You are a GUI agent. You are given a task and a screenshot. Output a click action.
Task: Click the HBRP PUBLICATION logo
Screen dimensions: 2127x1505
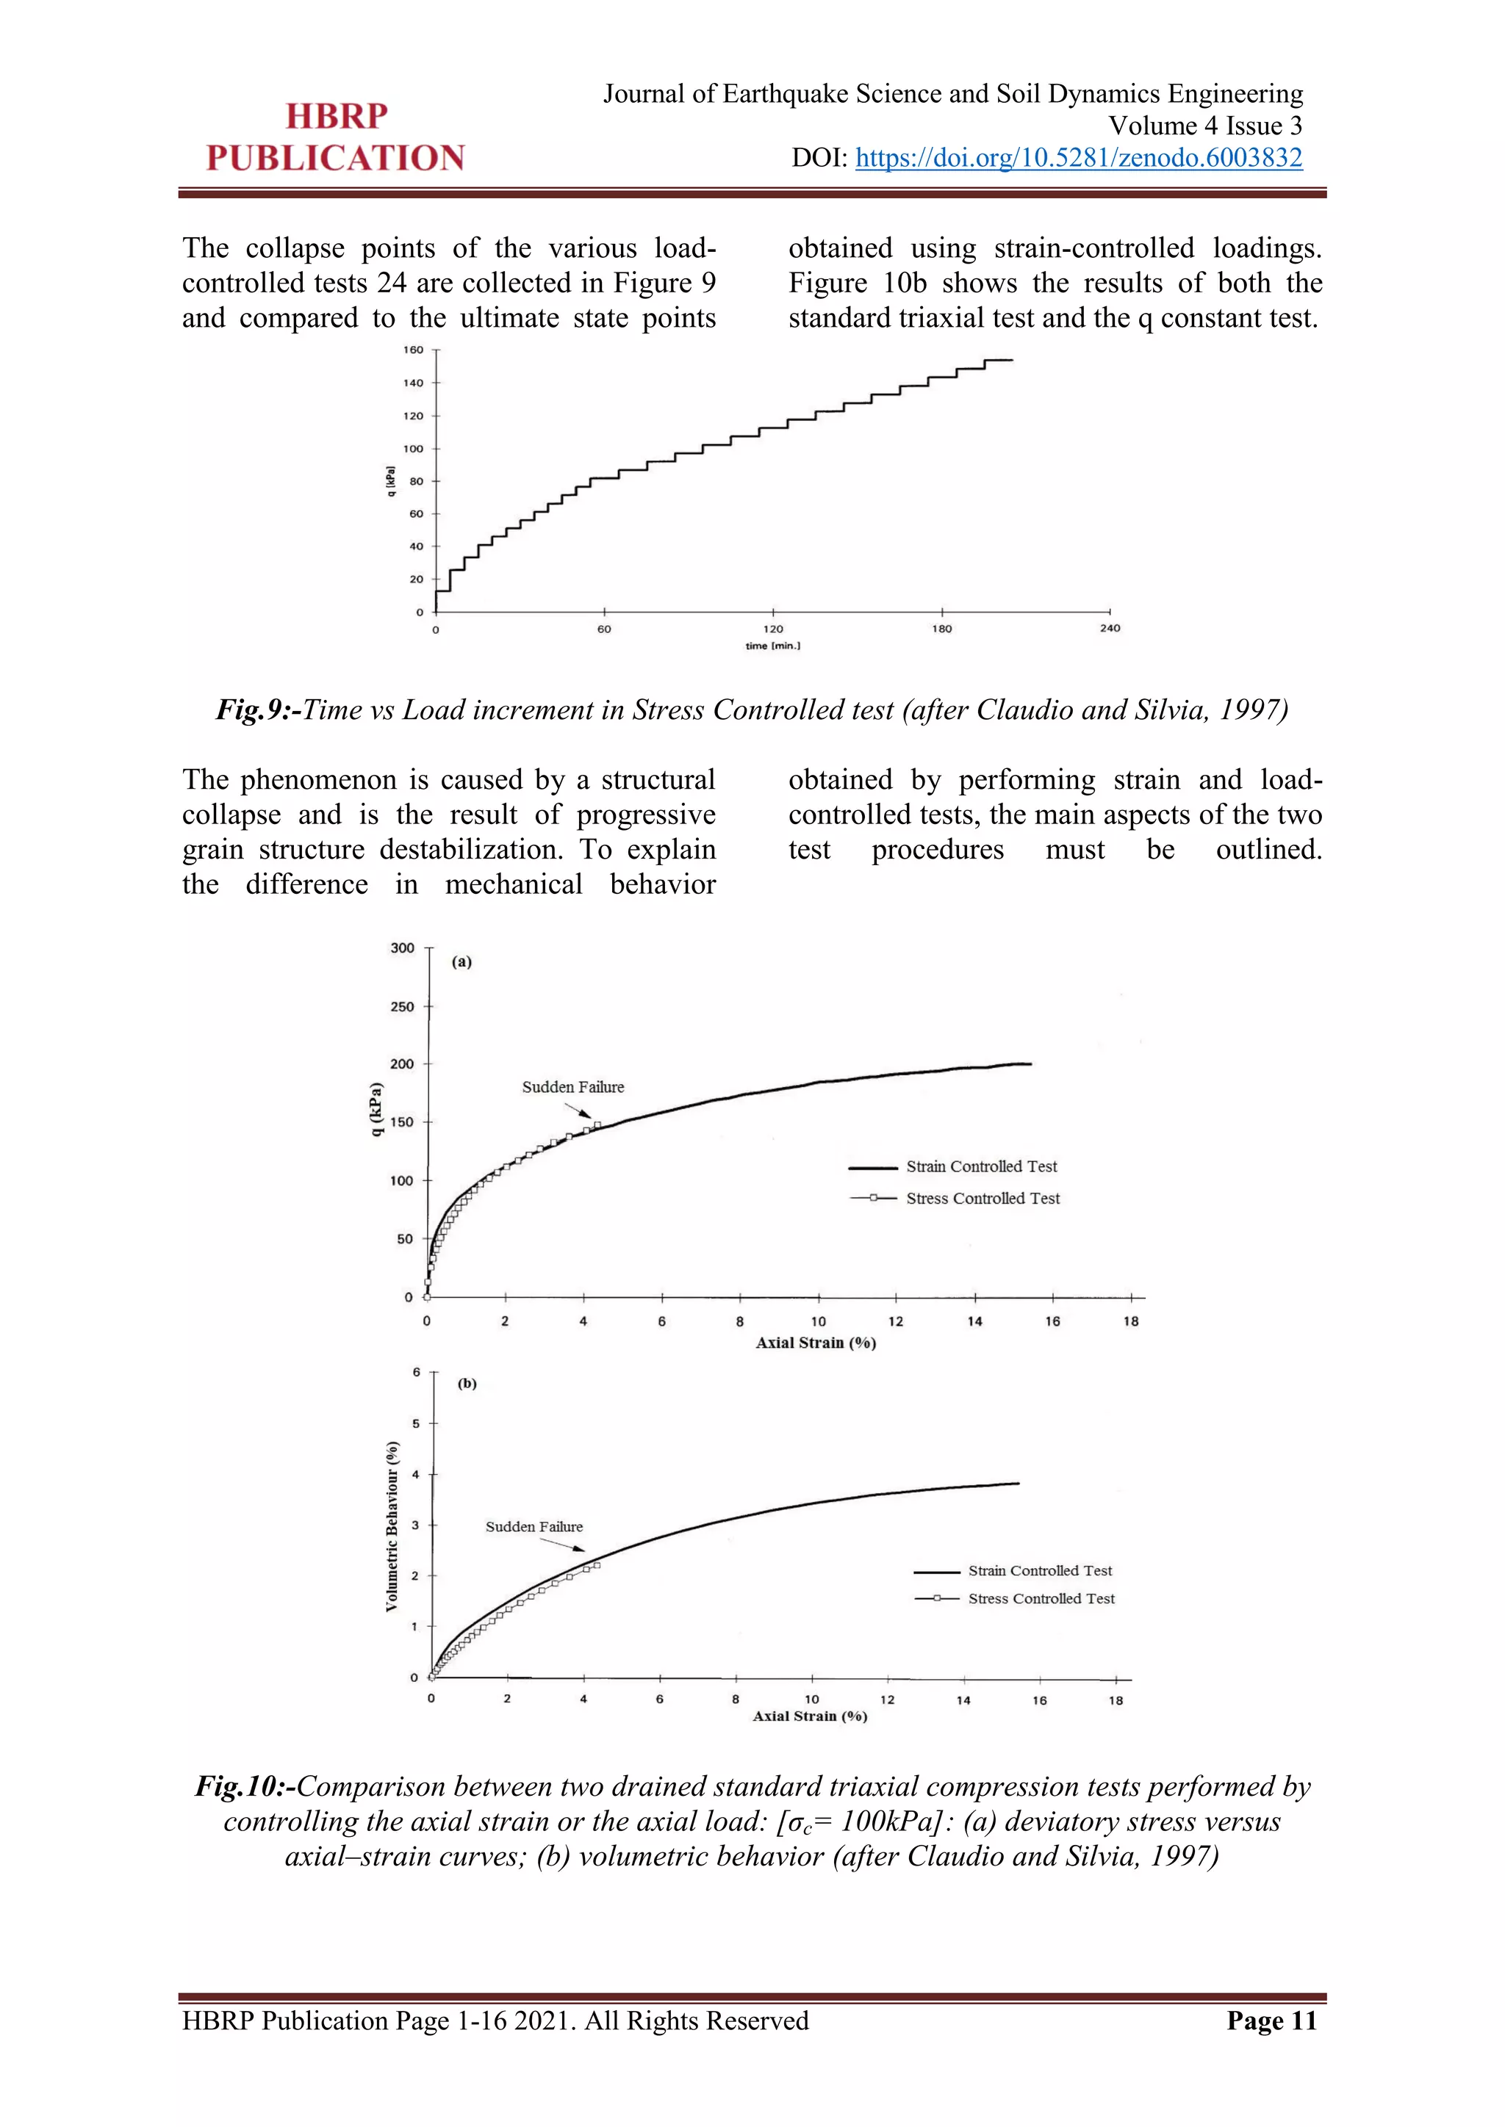336,137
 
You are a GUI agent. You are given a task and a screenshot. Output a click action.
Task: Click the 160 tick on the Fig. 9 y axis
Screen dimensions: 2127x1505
413,350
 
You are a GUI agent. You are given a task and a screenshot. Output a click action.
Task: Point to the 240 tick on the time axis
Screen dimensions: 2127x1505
1110,628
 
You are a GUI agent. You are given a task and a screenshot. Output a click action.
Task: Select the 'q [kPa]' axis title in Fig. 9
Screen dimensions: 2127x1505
391,481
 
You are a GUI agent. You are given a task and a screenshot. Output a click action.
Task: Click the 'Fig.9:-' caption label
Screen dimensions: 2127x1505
259,709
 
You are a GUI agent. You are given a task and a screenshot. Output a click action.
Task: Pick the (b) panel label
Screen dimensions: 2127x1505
467,1383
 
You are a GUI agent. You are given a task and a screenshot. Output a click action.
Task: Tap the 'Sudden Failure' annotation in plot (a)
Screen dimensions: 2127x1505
572,1087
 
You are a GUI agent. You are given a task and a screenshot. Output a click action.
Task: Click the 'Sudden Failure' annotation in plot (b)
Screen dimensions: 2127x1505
534,1527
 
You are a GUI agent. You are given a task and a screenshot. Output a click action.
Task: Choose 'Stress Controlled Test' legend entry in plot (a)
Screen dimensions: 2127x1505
983,1198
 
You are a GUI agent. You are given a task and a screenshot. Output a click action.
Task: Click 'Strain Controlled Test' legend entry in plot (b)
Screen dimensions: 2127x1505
1040,1570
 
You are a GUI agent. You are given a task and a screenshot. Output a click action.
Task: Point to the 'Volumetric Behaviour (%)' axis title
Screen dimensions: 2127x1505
392,1527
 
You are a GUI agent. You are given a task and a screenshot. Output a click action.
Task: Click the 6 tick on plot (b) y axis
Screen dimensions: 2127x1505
417,1372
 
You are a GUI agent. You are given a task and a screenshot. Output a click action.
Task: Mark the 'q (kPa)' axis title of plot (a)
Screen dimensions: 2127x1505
376,1109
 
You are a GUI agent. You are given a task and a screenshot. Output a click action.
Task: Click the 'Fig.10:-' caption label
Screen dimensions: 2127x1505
245,1786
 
